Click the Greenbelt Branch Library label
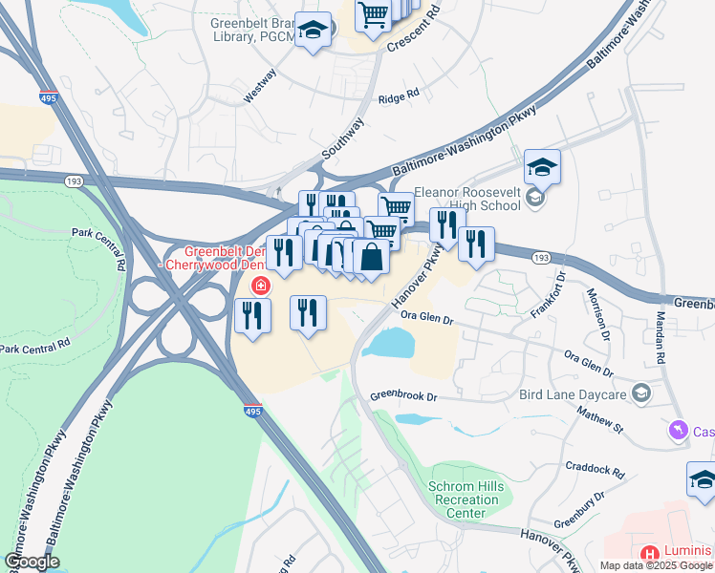click(250, 32)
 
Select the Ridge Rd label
click(399, 96)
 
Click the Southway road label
click(343, 138)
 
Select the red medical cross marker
click(259, 285)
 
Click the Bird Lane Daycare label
click(573, 393)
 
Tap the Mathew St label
click(599, 419)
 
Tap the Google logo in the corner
click(32, 562)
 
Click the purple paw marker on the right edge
click(680, 432)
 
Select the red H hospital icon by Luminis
click(650, 554)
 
